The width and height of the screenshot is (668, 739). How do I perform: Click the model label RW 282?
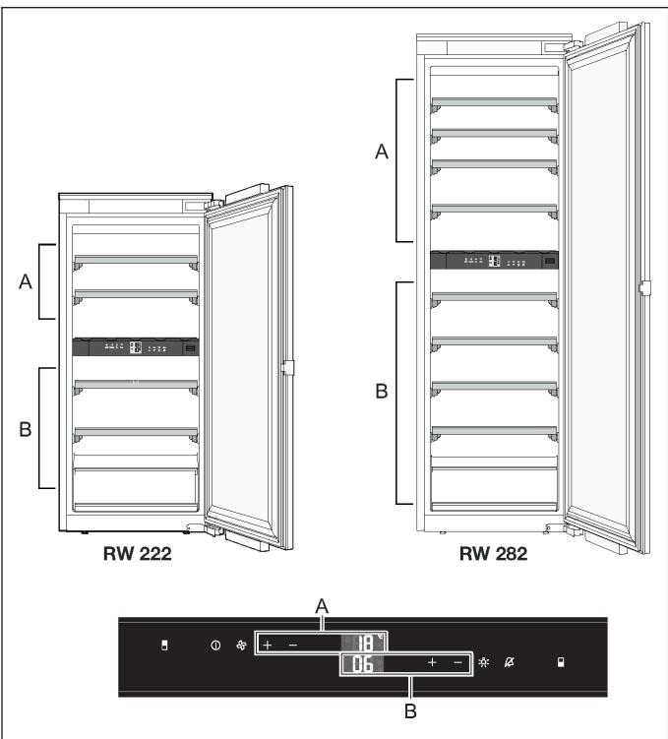click(x=493, y=553)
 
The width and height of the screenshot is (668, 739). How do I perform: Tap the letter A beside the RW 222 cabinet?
click(x=27, y=282)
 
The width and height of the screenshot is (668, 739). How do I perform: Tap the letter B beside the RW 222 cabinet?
click(x=27, y=429)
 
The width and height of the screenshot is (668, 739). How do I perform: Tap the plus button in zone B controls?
click(x=432, y=664)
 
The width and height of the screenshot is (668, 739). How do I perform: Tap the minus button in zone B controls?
click(x=457, y=664)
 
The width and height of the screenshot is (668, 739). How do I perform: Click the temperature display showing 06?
click(x=362, y=665)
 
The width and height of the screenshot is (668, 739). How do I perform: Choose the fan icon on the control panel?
click(x=239, y=646)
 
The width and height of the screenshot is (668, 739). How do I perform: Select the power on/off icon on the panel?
click(x=214, y=646)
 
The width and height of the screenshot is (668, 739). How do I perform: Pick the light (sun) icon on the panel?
click(x=483, y=664)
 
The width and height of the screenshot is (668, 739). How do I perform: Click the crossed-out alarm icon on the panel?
click(x=509, y=664)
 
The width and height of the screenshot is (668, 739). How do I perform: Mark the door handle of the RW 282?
click(x=644, y=288)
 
